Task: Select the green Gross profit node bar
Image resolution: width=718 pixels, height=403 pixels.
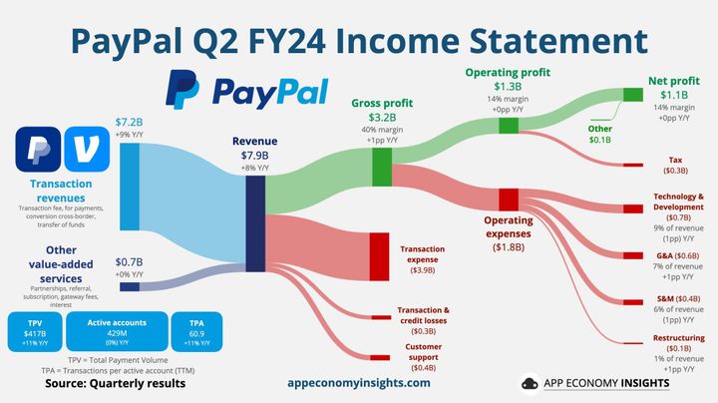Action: coord(381,167)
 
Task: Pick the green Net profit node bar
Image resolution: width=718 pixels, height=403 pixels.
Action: coord(632,95)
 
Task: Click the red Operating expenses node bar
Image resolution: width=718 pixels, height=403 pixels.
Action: coord(509,199)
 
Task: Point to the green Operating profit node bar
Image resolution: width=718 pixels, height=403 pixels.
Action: coord(509,126)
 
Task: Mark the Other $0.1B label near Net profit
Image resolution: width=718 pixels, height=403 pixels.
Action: coord(599,133)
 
